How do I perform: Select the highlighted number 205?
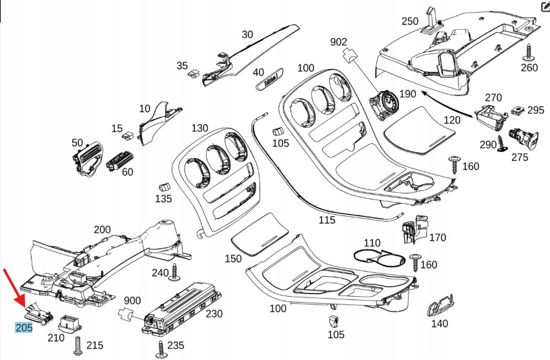coord(24,328)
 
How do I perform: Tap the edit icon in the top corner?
coord(544,7)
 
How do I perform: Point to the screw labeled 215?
coord(78,345)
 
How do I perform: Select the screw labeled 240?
coord(175,275)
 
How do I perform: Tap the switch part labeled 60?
coord(119,159)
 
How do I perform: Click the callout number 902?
coord(338,42)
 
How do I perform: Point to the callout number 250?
coord(410,21)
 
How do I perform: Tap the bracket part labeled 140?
coord(440,303)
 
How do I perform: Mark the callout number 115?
coord(327,220)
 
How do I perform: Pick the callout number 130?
coord(200,128)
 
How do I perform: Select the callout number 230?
coord(214,314)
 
